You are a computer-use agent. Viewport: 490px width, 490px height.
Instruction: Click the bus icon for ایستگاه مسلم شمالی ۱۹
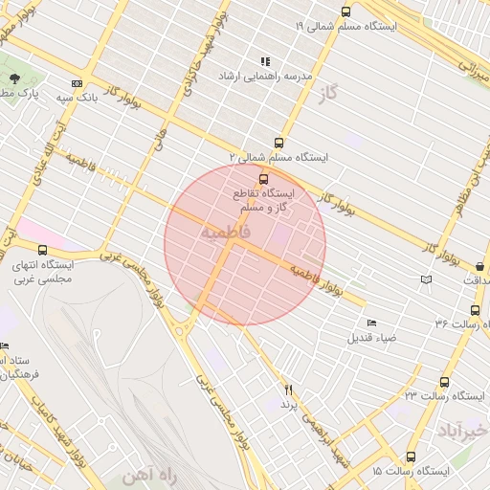(x=345, y=12)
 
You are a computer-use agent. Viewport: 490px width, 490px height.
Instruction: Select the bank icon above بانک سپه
(x=77, y=84)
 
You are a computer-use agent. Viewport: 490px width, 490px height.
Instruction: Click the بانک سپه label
(x=79, y=98)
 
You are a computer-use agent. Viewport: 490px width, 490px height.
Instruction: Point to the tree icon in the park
(x=14, y=78)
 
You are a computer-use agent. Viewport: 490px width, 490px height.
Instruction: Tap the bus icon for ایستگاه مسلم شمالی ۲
(x=278, y=143)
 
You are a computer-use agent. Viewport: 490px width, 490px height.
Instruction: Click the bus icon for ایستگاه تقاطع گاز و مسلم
(x=263, y=178)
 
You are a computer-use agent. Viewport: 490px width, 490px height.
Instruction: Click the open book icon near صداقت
(x=426, y=279)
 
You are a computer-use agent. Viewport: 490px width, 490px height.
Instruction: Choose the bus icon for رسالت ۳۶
(x=476, y=310)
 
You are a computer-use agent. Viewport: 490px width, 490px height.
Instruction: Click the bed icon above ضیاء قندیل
(x=371, y=323)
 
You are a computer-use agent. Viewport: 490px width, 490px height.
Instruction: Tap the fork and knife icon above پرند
(x=288, y=390)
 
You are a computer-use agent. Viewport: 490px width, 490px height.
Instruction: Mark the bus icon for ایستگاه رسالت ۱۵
(x=411, y=457)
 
